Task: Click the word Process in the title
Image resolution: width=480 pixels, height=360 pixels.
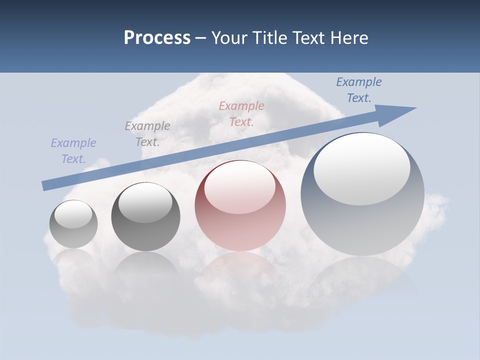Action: click(x=157, y=38)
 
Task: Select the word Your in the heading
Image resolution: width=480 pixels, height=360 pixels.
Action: click(x=227, y=38)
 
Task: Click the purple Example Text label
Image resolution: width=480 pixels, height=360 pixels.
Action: click(x=73, y=151)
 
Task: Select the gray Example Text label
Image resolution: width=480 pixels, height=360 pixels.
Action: click(x=147, y=134)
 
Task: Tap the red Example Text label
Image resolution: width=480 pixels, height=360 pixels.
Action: click(x=241, y=114)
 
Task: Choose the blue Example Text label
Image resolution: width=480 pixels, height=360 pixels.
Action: click(x=359, y=90)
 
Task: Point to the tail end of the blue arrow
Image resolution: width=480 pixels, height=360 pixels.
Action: click(x=46, y=185)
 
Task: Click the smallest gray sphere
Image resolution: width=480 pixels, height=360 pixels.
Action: click(x=73, y=235)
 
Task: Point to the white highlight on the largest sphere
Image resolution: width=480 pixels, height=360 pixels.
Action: click(x=361, y=169)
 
